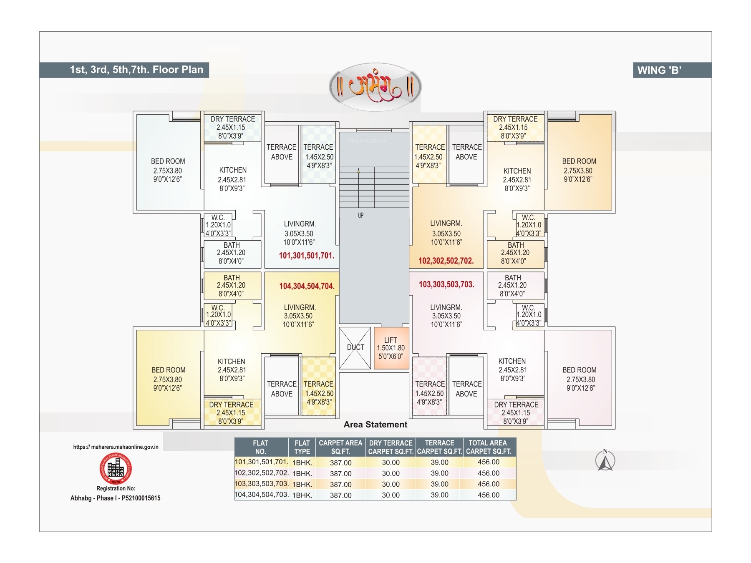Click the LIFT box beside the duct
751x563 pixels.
coord(391,348)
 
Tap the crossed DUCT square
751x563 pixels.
coord(355,348)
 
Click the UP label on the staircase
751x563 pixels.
coord(360,216)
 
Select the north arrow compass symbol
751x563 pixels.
coord(605,461)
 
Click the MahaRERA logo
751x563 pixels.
coord(116,468)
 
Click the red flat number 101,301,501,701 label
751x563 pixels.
coord(307,256)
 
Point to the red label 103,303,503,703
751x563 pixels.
coord(446,284)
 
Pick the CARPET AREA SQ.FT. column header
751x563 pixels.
coord(340,447)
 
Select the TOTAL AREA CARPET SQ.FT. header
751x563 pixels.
coord(488,447)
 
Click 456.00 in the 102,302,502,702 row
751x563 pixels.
coord(489,473)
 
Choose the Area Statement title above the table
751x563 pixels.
coord(375,425)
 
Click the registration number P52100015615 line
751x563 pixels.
coord(116,498)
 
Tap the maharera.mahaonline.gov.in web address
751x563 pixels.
coord(116,447)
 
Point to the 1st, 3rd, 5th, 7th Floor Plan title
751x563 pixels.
coord(136,70)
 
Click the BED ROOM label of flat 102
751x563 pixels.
coord(579,161)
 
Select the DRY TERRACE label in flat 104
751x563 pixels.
coord(231,405)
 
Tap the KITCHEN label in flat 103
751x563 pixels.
coord(512,361)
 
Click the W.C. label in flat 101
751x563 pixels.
coord(218,218)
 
